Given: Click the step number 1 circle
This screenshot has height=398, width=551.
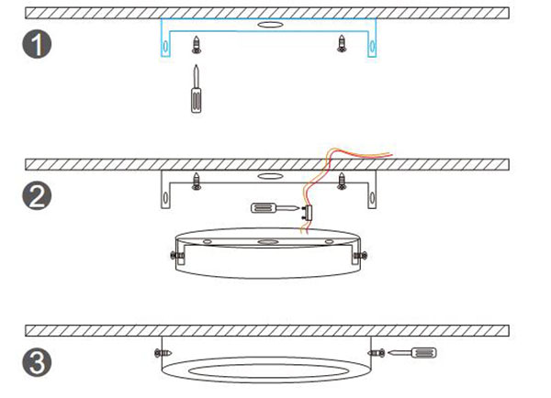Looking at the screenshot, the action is pyautogui.click(x=37, y=44).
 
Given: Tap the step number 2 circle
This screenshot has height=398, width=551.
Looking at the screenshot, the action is pyautogui.click(x=37, y=195).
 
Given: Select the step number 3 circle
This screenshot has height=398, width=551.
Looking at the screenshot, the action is pyautogui.click(x=37, y=362).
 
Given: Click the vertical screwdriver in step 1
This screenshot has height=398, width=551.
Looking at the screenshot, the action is pyautogui.click(x=197, y=89).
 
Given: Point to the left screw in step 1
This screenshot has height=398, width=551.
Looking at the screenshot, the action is pyautogui.click(x=197, y=44).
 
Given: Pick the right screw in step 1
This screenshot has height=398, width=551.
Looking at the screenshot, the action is pyautogui.click(x=342, y=43).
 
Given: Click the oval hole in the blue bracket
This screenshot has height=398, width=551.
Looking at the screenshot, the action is pyautogui.click(x=270, y=25).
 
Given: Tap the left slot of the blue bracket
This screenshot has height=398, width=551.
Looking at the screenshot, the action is pyautogui.click(x=165, y=46).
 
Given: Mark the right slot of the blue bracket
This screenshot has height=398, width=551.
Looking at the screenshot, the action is pyautogui.click(x=372, y=46).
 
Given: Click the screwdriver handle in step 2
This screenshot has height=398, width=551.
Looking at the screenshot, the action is pyautogui.click(x=264, y=208).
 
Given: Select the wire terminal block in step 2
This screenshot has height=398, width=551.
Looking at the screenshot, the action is pyautogui.click(x=309, y=214).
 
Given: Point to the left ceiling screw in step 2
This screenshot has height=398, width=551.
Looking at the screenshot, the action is pyautogui.click(x=197, y=181).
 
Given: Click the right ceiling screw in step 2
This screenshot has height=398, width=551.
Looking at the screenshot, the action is pyautogui.click(x=342, y=181).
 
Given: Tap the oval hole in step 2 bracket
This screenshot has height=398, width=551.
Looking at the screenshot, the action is pyautogui.click(x=270, y=176).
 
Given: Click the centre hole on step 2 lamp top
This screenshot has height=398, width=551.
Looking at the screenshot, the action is pyautogui.click(x=268, y=242).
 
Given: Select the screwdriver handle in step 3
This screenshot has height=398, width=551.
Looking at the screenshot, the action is pyautogui.click(x=423, y=352).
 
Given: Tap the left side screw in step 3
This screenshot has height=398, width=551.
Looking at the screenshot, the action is pyautogui.click(x=163, y=352).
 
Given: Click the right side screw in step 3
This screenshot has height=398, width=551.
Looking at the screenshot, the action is pyautogui.click(x=377, y=353).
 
